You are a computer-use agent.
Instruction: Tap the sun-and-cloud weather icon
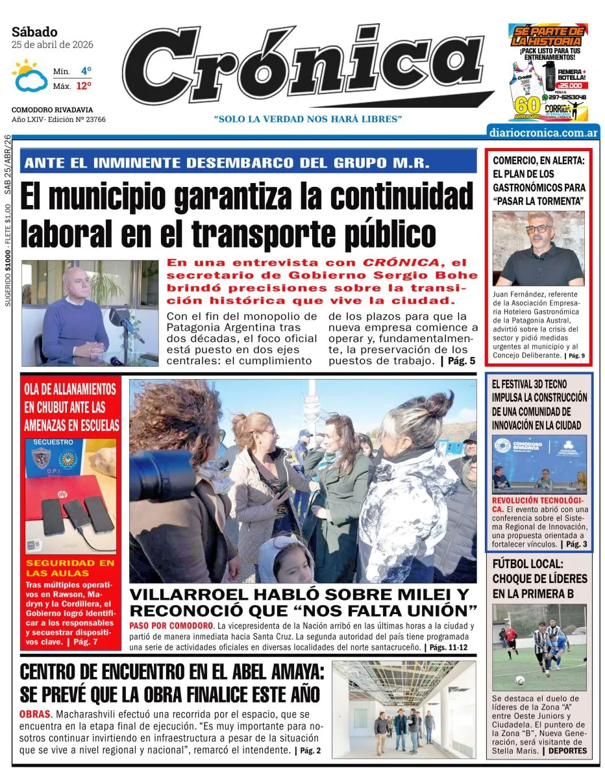[x=29, y=76]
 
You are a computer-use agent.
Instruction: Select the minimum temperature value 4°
[x=86, y=71]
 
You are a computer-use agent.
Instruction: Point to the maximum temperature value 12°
[x=84, y=86]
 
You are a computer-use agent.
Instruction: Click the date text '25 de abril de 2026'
[x=53, y=45]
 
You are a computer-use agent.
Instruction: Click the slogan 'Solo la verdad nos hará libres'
[x=308, y=119]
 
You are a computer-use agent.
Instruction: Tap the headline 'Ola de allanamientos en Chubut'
[x=71, y=407]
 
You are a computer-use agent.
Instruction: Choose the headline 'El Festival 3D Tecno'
[x=538, y=404]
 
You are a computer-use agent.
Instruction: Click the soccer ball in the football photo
[x=519, y=680]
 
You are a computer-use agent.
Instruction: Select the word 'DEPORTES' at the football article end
[x=567, y=750]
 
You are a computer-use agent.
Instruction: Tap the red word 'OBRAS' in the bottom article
[x=35, y=715]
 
